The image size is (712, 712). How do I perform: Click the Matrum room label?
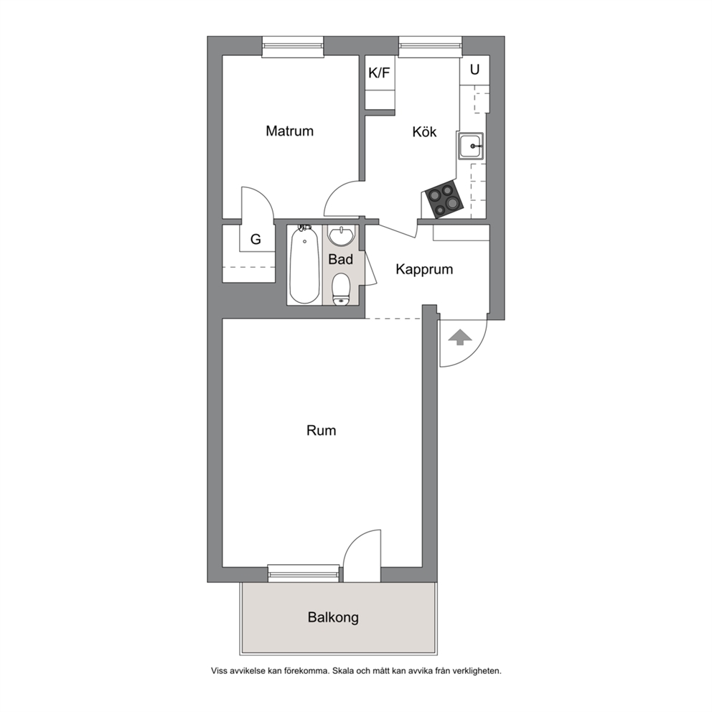point(290,131)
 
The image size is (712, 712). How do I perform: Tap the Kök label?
point(424,131)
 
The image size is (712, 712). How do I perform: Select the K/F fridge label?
point(379,72)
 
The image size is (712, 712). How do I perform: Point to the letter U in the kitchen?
point(474,70)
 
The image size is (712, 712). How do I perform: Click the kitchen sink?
point(470,146)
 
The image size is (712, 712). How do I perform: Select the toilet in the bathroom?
point(340,289)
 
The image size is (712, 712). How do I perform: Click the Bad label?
point(340,259)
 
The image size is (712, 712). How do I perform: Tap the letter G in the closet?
point(256,239)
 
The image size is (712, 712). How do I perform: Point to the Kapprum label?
point(424,269)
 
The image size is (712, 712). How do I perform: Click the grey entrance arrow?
point(460,338)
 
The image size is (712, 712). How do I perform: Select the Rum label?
point(321,431)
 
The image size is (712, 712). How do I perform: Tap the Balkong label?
point(333,617)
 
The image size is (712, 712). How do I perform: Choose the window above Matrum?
point(293,47)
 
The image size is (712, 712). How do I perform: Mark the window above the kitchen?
point(431,47)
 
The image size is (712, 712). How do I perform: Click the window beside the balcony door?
point(304,573)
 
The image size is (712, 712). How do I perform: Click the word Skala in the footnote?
point(343,670)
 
